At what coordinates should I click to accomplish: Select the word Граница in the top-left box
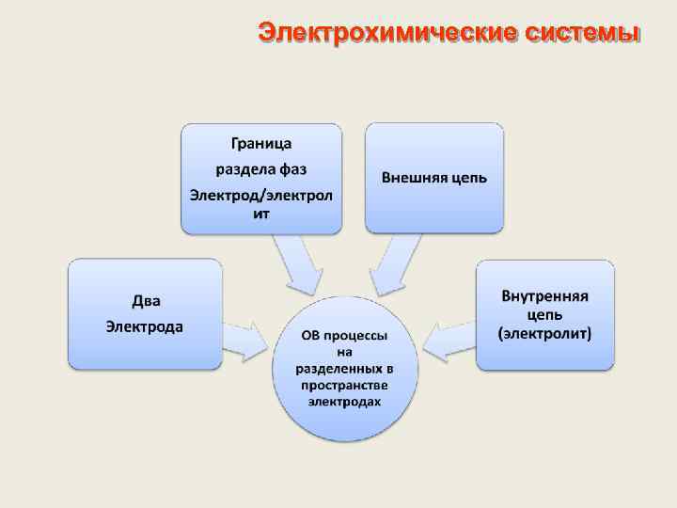[261, 144]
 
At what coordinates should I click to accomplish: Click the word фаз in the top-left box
[292, 169]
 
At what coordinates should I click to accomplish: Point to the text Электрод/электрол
[261, 195]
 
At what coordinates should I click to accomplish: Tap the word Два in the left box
[146, 301]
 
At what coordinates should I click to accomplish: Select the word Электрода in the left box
[145, 326]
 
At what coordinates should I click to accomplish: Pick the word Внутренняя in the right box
[545, 296]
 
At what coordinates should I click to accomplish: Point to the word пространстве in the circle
[345, 384]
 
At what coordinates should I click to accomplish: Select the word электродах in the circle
[345, 400]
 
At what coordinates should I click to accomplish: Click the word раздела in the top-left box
[244, 169]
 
